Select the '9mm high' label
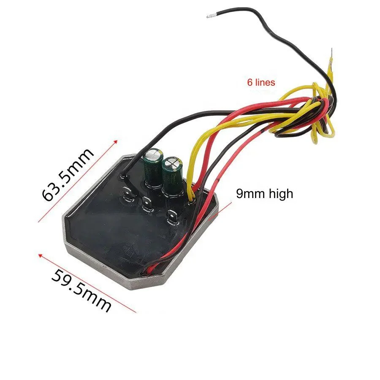pyautogui.click(x=264, y=194)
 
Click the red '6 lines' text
pyautogui.click(x=261, y=82)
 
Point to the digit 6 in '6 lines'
pyautogui.click(x=250, y=82)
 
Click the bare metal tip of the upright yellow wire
pyautogui.click(x=332, y=53)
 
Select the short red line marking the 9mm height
pyautogui.click(x=223, y=209)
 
